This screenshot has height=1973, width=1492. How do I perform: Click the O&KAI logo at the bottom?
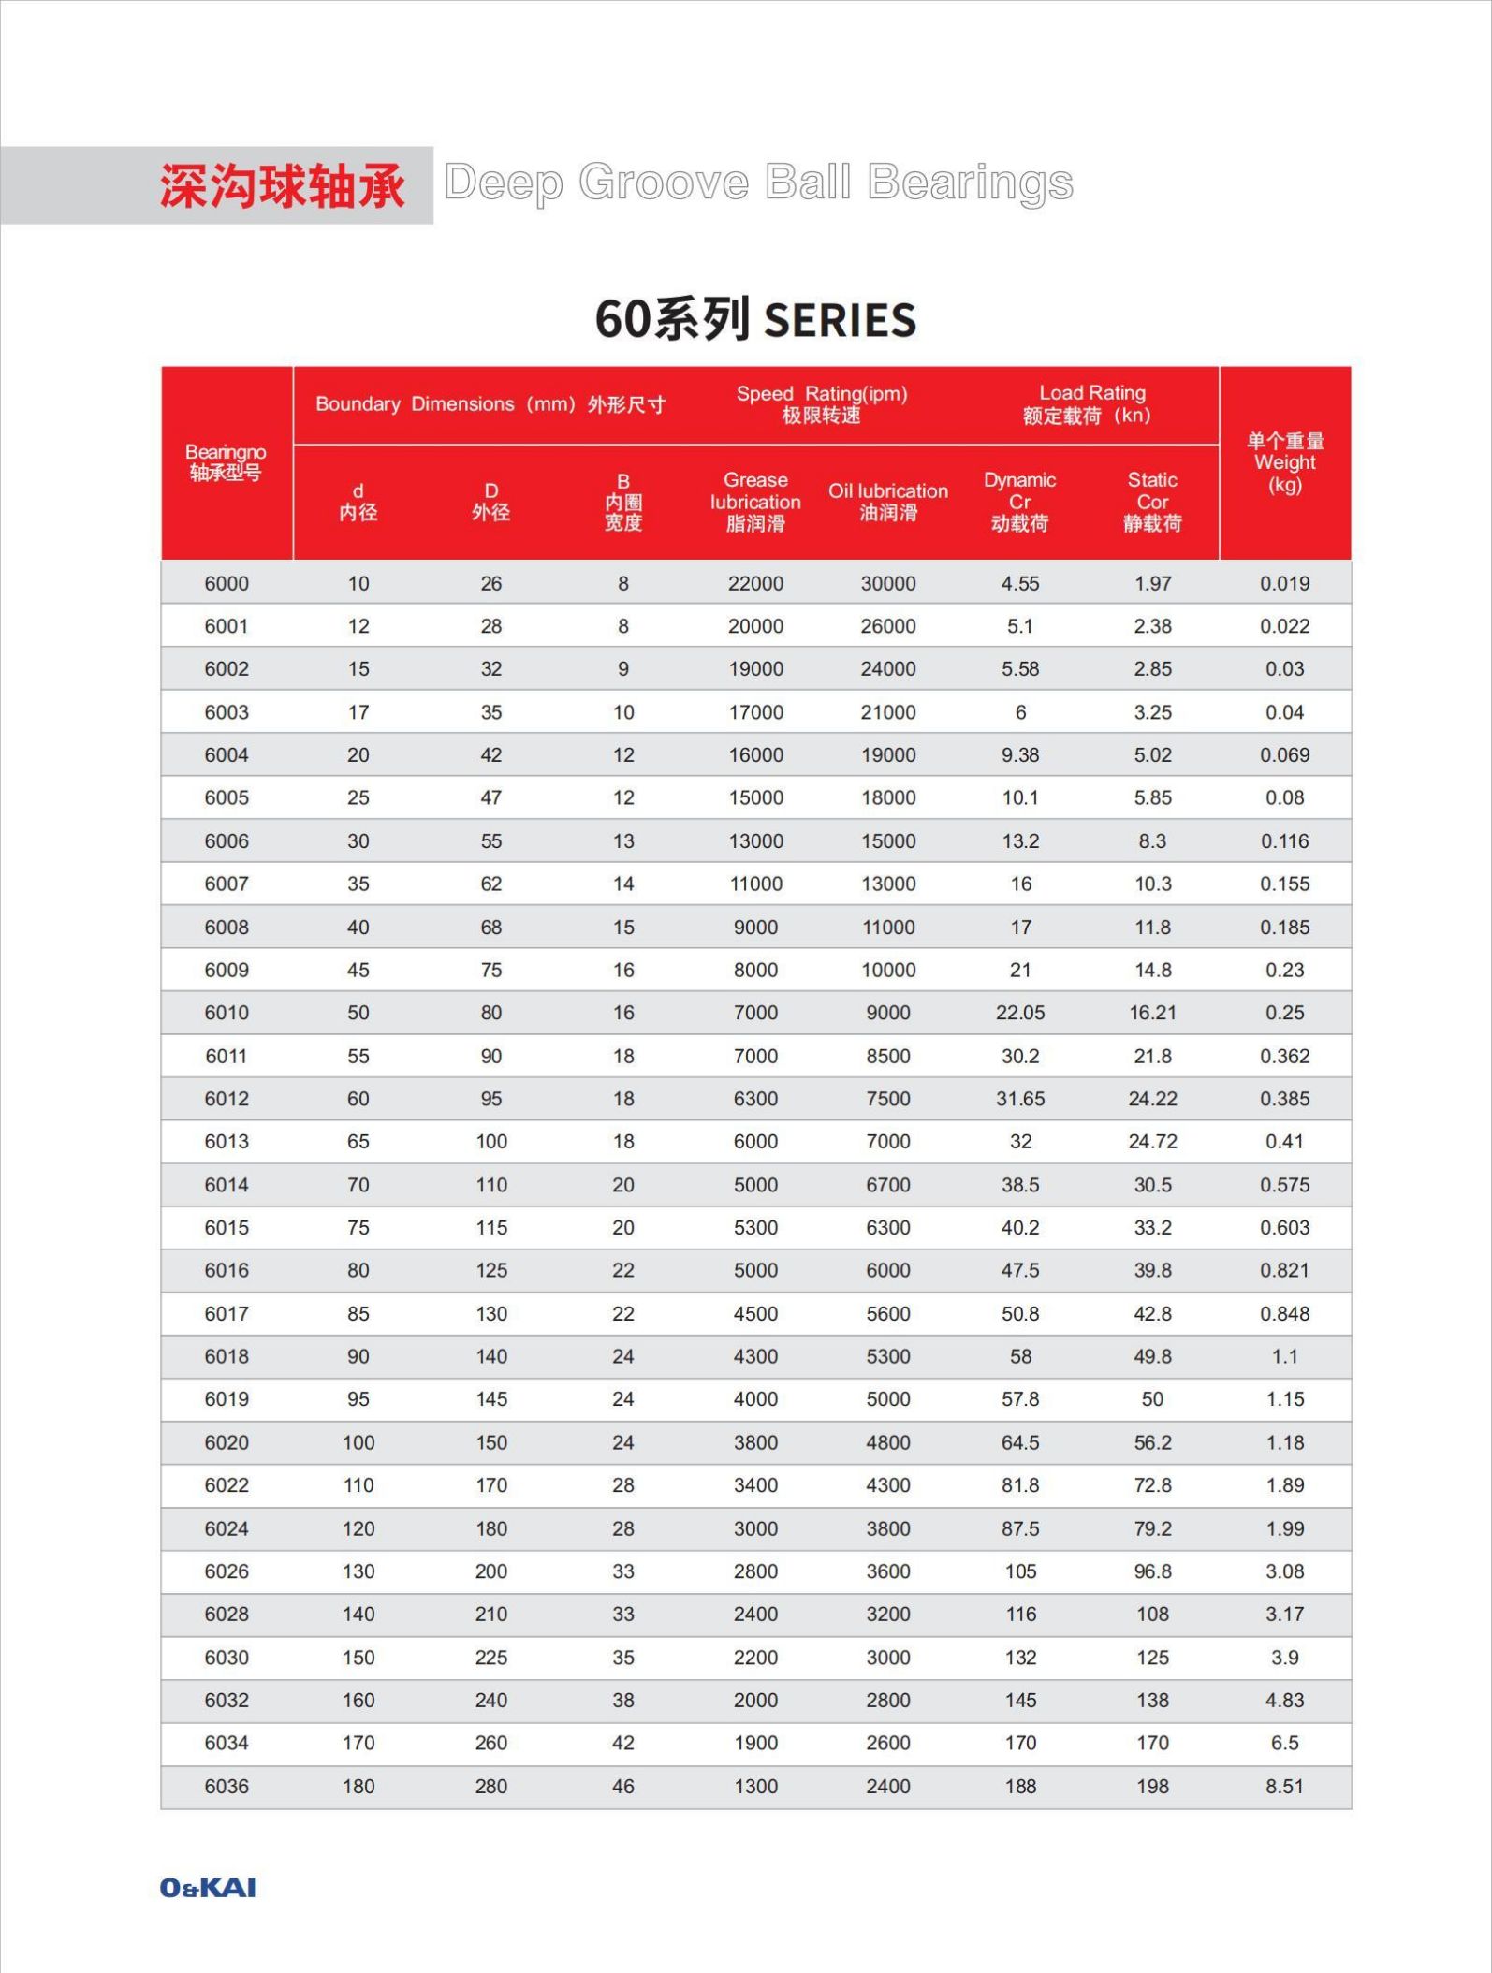(x=207, y=1887)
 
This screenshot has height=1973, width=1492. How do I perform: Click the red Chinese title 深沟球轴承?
(x=282, y=185)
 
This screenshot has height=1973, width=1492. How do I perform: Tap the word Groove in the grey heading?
(x=664, y=183)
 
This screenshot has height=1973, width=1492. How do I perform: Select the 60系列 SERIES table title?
(x=755, y=319)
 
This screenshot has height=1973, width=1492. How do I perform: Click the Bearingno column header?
(x=226, y=462)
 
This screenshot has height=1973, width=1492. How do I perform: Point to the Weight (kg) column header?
(x=1284, y=462)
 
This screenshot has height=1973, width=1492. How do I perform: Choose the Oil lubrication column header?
(x=887, y=501)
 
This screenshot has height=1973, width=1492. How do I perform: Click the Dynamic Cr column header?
(x=1019, y=501)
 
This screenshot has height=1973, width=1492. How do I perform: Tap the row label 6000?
(x=227, y=583)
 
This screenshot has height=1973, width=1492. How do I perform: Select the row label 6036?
(x=227, y=1786)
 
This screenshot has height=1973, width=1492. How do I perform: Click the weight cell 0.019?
(x=1284, y=583)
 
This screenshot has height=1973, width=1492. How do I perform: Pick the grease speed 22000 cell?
(x=755, y=583)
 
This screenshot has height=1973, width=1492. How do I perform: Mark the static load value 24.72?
(x=1152, y=1141)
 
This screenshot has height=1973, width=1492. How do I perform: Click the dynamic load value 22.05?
(x=1019, y=1012)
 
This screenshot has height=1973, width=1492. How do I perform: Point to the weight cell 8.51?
(x=1284, y=1786)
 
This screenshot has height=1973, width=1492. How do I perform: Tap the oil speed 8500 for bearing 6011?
(x=887, y=1056)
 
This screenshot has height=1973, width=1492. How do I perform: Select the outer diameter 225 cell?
(x=490, y=1657)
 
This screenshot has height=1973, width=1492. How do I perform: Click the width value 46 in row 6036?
(x=622, y=1786)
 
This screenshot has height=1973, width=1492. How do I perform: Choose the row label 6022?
(x=227, y=1484)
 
